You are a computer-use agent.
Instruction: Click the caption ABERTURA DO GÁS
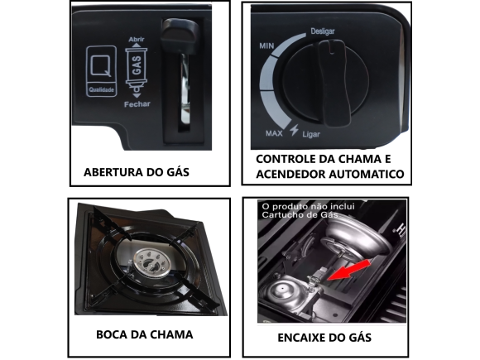click(137, 173)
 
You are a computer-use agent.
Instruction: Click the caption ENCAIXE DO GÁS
click(324, 337)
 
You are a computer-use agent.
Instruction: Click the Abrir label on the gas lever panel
click(137, 40)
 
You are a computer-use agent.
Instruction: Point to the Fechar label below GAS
click(137, 105)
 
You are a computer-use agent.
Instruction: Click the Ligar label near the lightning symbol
click(313, 133)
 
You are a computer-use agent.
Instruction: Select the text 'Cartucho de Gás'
click(300, 215)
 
